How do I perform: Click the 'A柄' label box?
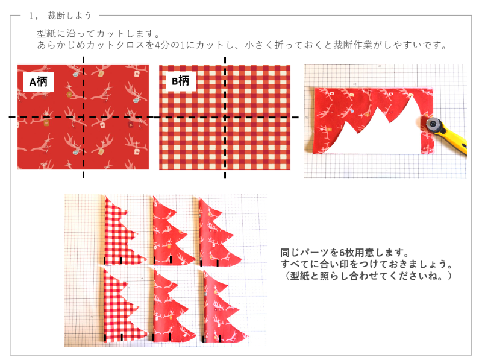pos(39,82)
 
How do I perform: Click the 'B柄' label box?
pos(180,81)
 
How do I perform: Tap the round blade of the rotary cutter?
pos(433,125)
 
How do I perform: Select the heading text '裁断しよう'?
pos(69,16)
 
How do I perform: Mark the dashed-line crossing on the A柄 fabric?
pos(83,117)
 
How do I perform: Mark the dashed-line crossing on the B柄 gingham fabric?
pos(225,117)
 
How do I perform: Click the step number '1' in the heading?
pos(31,16)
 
